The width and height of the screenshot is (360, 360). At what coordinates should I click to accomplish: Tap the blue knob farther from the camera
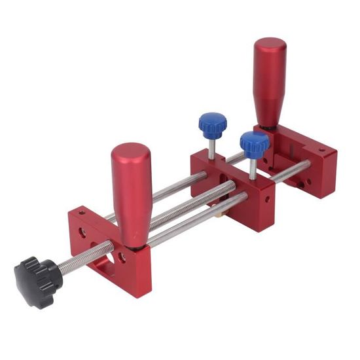pos(213,122)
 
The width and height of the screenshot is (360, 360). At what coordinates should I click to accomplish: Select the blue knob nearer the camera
pos(254,143)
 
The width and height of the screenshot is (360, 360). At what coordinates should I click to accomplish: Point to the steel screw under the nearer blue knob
pos(253,167)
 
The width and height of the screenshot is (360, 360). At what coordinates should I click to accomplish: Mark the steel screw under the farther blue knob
pos(211,147)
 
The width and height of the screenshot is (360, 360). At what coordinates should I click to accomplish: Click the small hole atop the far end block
pos(321,151)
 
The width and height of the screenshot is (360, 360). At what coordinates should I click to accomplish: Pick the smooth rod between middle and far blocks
pos(292,171)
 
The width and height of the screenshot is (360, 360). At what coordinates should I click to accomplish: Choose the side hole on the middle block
pos(223,177)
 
